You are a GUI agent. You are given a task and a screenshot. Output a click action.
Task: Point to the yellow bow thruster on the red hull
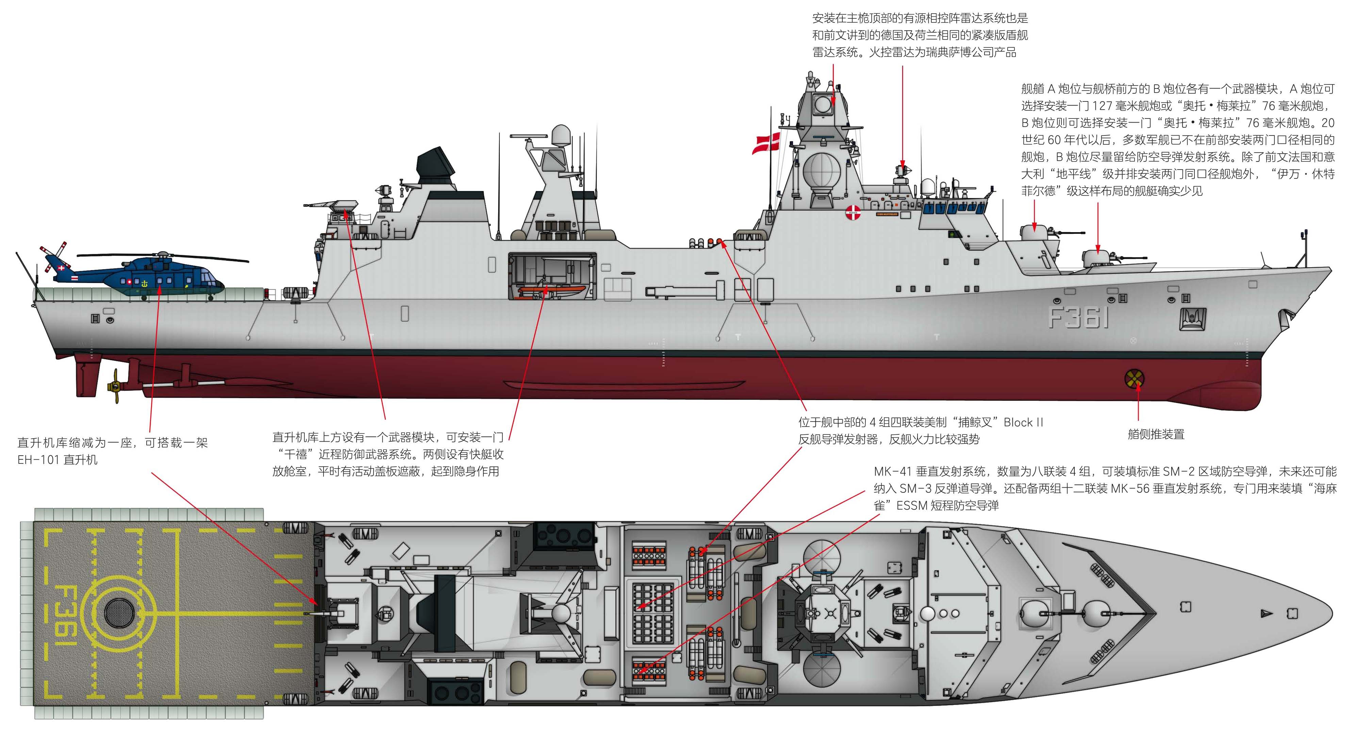[1134, 378]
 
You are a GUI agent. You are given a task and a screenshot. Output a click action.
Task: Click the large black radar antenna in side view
[435, 166]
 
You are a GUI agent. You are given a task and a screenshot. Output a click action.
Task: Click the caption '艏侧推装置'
[1156, 434]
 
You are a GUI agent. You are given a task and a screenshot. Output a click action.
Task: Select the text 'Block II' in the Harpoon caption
[1023, 422]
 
